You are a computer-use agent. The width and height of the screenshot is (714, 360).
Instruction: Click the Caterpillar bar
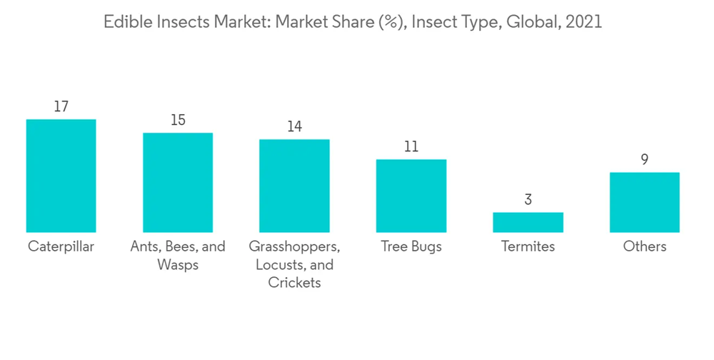pos(61,176)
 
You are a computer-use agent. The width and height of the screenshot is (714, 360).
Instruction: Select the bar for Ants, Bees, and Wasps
pos(178,182)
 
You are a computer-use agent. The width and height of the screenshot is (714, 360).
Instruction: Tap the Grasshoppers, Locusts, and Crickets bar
pos(294,186)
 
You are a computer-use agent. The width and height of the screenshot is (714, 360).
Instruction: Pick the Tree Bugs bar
pos(411,196)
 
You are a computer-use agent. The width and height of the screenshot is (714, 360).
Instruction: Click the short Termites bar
pos(528,222)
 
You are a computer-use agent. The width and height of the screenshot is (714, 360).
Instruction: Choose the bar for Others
pos(644,202)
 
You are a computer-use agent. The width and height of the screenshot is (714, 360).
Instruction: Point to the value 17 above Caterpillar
pos(61,106)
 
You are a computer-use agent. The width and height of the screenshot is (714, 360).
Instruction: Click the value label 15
pos(178,120)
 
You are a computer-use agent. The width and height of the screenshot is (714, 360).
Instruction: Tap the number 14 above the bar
pos(294,126)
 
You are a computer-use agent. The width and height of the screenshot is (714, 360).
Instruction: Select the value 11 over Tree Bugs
pos(411,147)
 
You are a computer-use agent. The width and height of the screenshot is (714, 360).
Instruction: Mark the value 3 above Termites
pos(528,199)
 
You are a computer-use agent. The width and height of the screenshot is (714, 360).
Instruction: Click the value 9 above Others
pos(644,159)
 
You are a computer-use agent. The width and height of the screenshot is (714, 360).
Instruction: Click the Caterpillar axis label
pos(61,246)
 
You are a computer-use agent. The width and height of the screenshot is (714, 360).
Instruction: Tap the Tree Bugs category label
pos(411,246)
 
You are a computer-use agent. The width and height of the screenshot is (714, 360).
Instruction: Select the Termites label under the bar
pos(528,246)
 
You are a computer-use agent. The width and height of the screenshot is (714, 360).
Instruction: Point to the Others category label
pos(644,246)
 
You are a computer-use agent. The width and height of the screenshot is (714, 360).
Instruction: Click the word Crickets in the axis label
pos(294,283)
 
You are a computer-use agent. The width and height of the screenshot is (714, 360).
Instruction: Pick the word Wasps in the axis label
pos(178,265)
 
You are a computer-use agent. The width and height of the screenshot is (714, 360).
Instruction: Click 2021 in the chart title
pos(583,22)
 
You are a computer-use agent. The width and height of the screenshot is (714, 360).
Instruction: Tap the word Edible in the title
pos(126,22)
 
